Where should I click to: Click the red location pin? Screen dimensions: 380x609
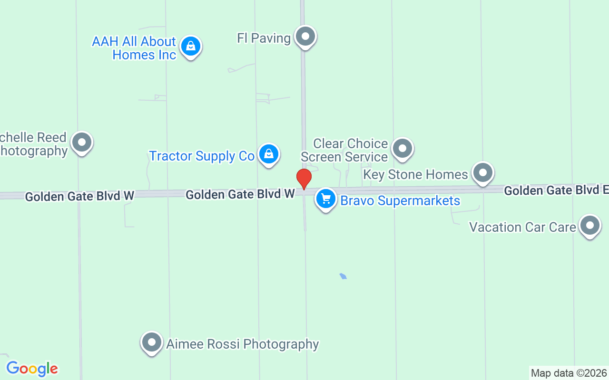[304, 179]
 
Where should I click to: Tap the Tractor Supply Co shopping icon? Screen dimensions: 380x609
[269, 154]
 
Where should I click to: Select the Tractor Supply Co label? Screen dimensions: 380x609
[202, 156]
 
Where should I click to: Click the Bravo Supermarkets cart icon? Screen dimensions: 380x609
[326, 199]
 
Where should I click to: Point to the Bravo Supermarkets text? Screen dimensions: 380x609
[400, 201]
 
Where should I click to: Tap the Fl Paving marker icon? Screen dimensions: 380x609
[305, 36]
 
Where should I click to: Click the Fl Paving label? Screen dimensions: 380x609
[264, 38]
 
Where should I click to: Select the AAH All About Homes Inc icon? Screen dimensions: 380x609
[190, 46]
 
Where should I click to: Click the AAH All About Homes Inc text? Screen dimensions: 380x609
[135, 48]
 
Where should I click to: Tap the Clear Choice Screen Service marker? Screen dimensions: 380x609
[403, 148]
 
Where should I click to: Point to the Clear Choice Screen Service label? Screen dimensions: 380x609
[344, 150]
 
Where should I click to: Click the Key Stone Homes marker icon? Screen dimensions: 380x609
[483, 172]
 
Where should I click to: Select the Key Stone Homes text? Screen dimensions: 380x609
[415, 174]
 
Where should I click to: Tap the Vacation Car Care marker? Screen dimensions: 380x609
[590, 226]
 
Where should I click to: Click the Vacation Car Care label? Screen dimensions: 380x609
[522, 227]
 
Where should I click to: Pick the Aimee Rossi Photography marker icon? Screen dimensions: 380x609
[152, 342]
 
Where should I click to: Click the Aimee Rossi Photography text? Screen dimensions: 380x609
[243, 344]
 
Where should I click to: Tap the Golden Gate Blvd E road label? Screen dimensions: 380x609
[556, 190]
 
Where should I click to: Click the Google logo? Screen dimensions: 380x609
[32, 368]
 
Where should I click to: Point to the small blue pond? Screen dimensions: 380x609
[343, 276]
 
